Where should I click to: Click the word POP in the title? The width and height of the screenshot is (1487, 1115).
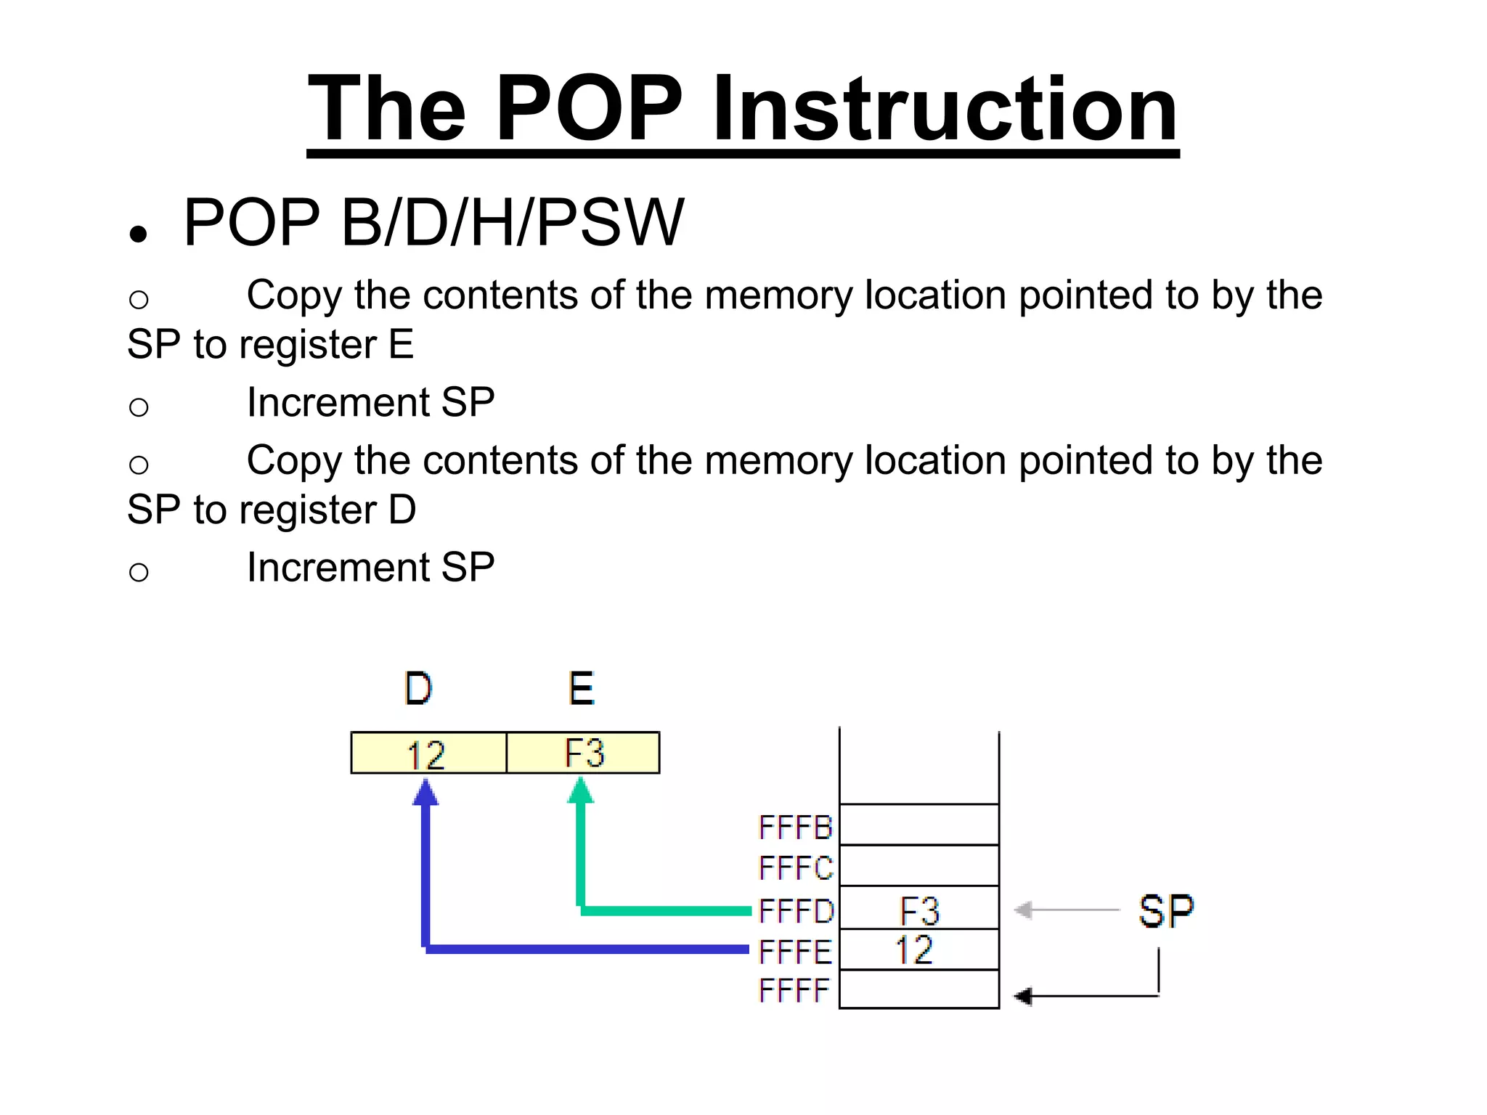(588, 109)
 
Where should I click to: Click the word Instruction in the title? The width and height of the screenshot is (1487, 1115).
(945, 109)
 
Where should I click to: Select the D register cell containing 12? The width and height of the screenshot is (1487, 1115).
(428, 753)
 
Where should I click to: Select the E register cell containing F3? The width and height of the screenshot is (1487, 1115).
(583, 753)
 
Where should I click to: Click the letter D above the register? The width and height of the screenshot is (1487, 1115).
(418, 689)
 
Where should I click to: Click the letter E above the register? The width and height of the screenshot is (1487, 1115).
(581, 689)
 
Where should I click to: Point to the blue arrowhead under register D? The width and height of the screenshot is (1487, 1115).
(425, 792)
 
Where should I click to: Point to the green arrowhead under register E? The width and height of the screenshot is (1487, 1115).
(580, 791)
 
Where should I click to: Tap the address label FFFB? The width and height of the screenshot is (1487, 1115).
(795, 828)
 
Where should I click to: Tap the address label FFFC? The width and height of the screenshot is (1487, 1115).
(795, 868)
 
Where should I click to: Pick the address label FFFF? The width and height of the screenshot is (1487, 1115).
(794, 991)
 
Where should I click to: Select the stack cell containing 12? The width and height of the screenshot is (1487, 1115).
(919, 949)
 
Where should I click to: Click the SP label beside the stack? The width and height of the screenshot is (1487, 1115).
(1166, 912)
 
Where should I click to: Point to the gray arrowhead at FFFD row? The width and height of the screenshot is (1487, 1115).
(1023, 910)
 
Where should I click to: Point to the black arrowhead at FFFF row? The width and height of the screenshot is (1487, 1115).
(1023, 997)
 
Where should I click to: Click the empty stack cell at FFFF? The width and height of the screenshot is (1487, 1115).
(919, 989)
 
